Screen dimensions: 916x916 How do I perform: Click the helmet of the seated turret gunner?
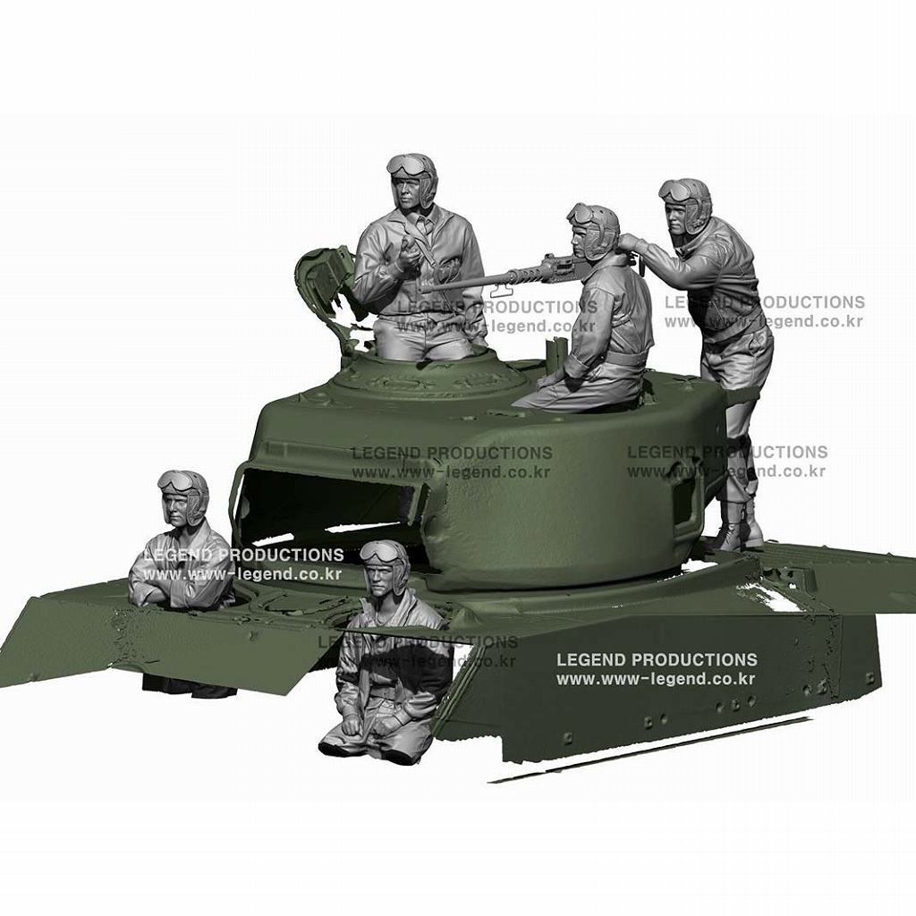tap(598, 225)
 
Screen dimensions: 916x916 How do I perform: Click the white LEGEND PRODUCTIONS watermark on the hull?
tap(657, 660)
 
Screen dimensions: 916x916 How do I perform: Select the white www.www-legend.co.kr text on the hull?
tap(656, 679)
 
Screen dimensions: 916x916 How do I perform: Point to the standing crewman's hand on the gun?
tap(632, 242)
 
